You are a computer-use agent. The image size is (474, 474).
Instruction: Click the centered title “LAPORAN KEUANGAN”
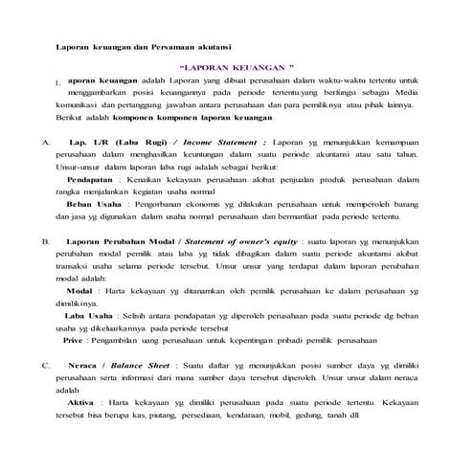(236, 70)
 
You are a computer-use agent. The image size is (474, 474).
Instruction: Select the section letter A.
(45, 141)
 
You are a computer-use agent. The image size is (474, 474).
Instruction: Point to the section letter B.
(45, 242)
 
